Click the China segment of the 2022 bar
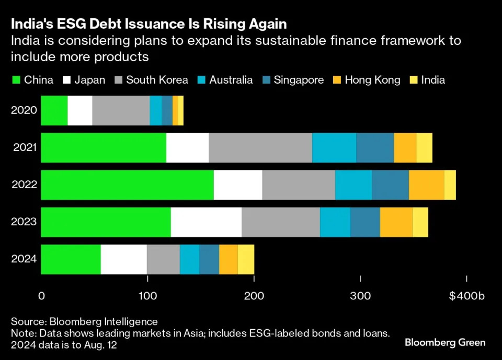[127, 185]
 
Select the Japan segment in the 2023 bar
[206, 222]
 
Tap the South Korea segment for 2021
[260, 148]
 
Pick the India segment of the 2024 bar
[246, 259]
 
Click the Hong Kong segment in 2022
[426, 185]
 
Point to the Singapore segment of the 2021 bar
[375, 148]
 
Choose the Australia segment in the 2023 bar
[335, 222]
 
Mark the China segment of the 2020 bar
[54, 111]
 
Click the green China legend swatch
[15, 80]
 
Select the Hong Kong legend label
[372, 80]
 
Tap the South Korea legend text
[157, 80]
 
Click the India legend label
[433, 80]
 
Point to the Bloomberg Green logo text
[445, 343]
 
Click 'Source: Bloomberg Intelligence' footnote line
[84, 321]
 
